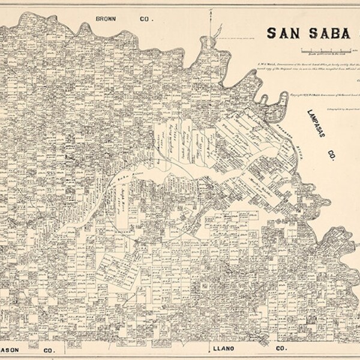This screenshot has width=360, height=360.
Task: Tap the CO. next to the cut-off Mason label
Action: click(49, 349)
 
